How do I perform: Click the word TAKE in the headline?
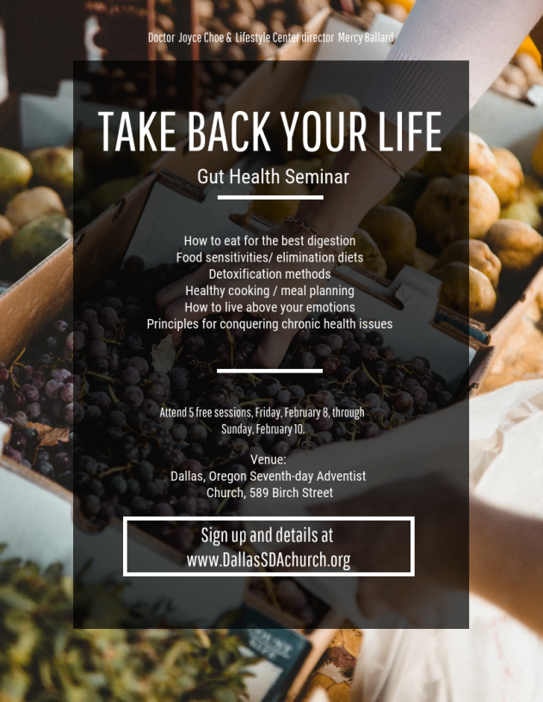[x=137, y=131]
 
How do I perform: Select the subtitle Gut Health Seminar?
[x=273, y=177]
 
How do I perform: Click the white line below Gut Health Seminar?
[x=270, y=197]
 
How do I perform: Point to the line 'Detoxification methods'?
[x=269, y=274]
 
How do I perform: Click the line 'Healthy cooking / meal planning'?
[x=269, y=291]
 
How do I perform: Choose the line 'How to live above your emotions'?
[x=269, y=308]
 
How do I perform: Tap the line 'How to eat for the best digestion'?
[x=269, y=241]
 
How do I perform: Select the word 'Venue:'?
[x=268, y=459]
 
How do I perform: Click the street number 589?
[x=259, y=493]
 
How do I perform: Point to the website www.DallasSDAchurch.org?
[x=268, y=560]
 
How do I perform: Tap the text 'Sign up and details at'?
[x=267, y=535]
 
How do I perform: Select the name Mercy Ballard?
[x=366, y=38]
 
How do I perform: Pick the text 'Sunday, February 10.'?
[x=262, y=429]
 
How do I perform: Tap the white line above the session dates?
[x=269, y=371]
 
